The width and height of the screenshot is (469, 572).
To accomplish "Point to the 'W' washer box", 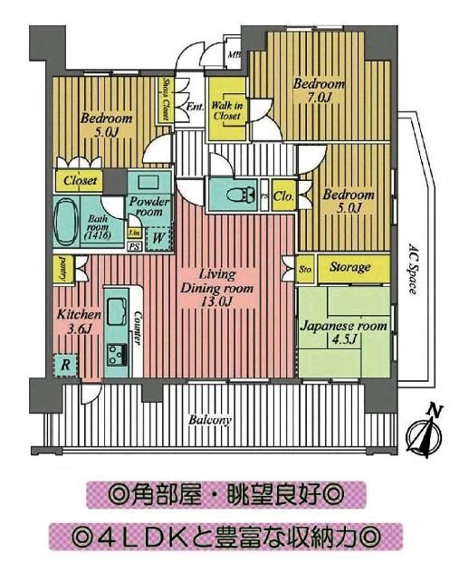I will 158,238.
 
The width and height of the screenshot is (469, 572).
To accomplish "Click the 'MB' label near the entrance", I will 234,53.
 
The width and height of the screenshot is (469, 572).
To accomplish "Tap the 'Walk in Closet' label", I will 225,110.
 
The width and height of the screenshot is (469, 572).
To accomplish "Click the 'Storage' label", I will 349,268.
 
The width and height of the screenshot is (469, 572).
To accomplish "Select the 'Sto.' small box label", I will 306,268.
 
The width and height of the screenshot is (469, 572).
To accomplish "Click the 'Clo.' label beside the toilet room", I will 282,195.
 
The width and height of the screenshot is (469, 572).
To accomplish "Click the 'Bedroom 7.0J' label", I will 318,91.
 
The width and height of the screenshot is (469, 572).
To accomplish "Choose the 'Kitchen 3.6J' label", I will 75,322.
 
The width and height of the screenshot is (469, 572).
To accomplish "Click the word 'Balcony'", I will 211,421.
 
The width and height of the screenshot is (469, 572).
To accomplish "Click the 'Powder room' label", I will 145,206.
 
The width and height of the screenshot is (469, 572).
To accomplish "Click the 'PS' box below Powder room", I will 134,246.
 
